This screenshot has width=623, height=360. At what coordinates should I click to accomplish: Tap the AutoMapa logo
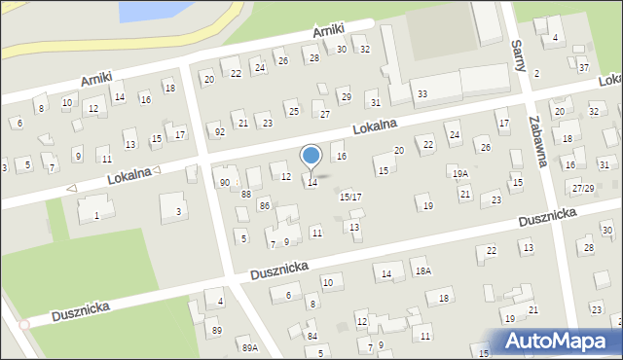[x=554, y=341]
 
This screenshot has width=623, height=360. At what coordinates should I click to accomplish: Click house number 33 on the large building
[x=421, y=93]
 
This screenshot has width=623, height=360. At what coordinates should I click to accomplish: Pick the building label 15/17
[x=350, y=197]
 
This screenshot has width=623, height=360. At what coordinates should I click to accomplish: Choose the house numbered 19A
[x=459, y=173]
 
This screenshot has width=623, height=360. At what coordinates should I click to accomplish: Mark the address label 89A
[x=250, y=347]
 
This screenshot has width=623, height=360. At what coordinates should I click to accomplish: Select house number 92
[x=220, y=131]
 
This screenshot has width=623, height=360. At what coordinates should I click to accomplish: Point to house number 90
[x=225, y=182]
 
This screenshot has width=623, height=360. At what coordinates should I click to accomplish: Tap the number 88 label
[x=246, y=194]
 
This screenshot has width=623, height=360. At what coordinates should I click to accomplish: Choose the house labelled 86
[x=264, y=205]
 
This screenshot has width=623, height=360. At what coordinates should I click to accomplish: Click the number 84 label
[x=311, y=336]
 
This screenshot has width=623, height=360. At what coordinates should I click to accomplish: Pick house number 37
[x=583, y=67]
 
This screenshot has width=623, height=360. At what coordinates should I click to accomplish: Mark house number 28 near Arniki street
[x=313, y=58]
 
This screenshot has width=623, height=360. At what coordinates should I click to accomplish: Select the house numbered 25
[x=293, y=111]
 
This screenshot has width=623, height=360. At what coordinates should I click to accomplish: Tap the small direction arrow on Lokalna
[x=70, y=188]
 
